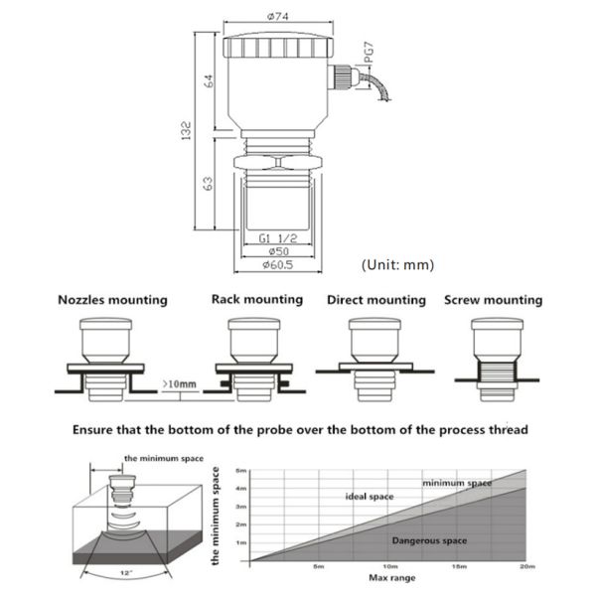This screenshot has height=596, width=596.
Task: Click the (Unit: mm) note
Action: pyautogui.click(x=397, y=264)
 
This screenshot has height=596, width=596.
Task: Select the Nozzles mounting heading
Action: pyautogui.click(x=112, y=300)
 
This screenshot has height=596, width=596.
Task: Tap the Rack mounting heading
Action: pyautogui.click(x=257, y=299)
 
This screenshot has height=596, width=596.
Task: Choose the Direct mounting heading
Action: pyautogui.click(x=375, y=300)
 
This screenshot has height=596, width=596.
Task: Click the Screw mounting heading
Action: pyautogui.click(x=494, y=300)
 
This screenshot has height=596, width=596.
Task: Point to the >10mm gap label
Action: pyautogui.click(x=181, y=383)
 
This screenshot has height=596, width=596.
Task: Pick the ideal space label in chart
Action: pyautogui.click(x=370, y=496)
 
